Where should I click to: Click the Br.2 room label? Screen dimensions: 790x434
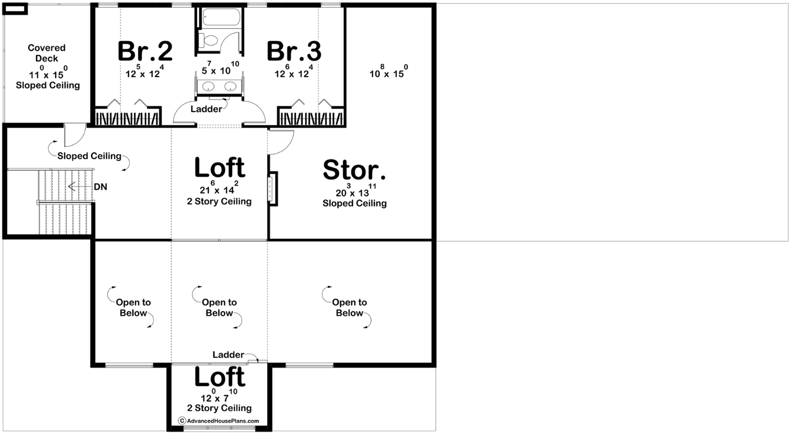[145, 51]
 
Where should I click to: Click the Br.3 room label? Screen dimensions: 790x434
[294, 51]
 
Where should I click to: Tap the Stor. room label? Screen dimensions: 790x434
[355, 170]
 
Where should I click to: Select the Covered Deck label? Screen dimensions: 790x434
[46, 53]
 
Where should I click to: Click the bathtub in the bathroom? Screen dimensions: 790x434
[221, 17]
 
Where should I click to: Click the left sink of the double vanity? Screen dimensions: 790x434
[208, 86]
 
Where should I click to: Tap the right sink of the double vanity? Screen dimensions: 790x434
[230, 86]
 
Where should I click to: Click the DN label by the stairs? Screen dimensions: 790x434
[101, 187]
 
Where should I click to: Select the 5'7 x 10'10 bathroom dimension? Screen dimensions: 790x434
[220, 68]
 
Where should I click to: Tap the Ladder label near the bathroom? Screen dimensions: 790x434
[206, 109]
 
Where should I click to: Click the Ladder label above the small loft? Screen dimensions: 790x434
[228, 355]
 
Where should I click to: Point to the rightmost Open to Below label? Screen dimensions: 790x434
[350, 308]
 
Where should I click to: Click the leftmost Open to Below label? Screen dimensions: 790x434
[133, 308]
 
